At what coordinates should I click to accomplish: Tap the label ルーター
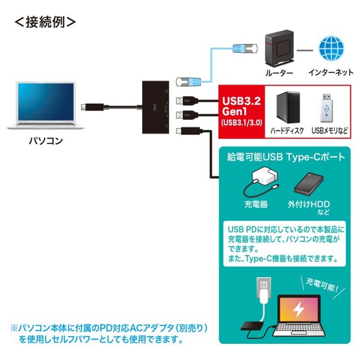point(278,73)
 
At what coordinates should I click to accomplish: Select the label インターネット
point(330,73)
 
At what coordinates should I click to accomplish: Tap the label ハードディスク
point(286,130)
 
